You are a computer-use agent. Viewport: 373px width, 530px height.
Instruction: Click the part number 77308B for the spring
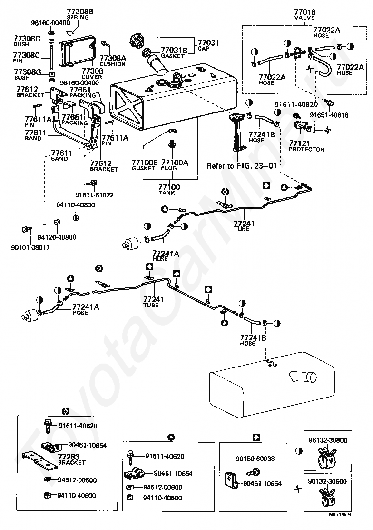click(80, 12)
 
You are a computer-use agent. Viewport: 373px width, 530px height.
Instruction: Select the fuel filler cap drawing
click(137, 41)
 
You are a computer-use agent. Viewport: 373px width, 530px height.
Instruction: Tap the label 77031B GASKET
click(174, 53)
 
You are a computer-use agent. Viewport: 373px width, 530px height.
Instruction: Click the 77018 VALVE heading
click(304, 15)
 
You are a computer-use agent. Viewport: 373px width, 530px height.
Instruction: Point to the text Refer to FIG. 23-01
click(242, 166)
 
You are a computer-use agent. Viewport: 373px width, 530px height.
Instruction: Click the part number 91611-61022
click(94, 195)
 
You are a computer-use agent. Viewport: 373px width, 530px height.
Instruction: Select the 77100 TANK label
click(169, 190)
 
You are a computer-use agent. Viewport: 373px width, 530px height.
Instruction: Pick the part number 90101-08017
click(30, 247)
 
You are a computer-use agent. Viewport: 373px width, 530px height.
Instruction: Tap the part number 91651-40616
click(329, 115)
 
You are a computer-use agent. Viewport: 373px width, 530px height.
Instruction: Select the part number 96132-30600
click(327, 482)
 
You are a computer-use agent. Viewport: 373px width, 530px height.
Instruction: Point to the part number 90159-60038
click(255, 459)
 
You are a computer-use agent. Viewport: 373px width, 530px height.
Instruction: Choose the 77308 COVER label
click(92, 74)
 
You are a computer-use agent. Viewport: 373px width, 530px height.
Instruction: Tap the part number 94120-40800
click(57, 237)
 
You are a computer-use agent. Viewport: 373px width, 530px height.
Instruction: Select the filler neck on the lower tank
click(303, 377)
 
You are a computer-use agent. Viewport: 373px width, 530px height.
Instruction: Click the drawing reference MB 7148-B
click(340, 524)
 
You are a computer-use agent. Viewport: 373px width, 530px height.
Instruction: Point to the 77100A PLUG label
click(175, 165)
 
